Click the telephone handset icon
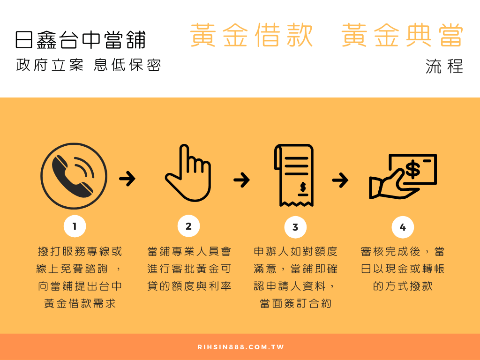pos(73,176)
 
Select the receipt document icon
pos(293,175)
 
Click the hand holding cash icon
pos(403,177)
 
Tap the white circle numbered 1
pos(75,226)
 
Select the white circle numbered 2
pos(188,226)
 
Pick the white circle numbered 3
pos(295,227)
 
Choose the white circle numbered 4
pos(403,227)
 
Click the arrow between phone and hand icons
pos(127,179)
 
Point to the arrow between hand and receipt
pos(241,180)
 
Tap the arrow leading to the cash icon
pos(340,180)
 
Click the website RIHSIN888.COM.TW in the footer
pos(240,347)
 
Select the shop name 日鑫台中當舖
pos(81,40)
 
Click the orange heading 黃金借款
pos(251,35)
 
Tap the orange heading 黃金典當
pos(402,35)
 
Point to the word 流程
pos(444,66)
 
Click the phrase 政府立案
pos(50,65)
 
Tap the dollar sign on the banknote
pos(412,169)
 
